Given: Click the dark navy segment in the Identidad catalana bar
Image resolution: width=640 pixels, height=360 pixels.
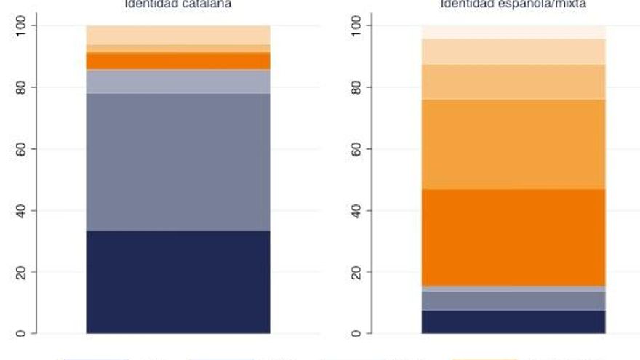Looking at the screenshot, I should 178,281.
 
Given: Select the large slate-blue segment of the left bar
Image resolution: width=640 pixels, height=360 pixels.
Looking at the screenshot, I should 178,161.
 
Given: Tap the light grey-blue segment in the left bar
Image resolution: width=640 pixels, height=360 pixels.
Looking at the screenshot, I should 178,81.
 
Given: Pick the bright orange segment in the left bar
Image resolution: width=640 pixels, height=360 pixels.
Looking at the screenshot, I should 178,60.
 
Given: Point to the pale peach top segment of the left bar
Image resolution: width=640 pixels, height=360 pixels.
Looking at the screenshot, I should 178,35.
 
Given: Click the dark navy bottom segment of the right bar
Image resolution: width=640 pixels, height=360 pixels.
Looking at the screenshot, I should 513,321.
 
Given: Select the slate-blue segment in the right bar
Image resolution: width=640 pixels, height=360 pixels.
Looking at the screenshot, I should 513,301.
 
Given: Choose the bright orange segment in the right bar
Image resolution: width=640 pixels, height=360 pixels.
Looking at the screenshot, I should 513,237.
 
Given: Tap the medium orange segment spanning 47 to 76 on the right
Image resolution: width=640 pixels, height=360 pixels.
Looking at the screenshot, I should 513,144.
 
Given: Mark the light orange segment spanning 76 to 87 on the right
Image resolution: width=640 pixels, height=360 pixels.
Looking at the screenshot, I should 513,81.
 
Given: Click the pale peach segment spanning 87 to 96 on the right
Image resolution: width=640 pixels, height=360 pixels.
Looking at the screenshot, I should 513,51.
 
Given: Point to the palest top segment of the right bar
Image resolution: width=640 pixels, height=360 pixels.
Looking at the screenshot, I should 513,31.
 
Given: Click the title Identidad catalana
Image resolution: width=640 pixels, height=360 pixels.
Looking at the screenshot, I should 178,4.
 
